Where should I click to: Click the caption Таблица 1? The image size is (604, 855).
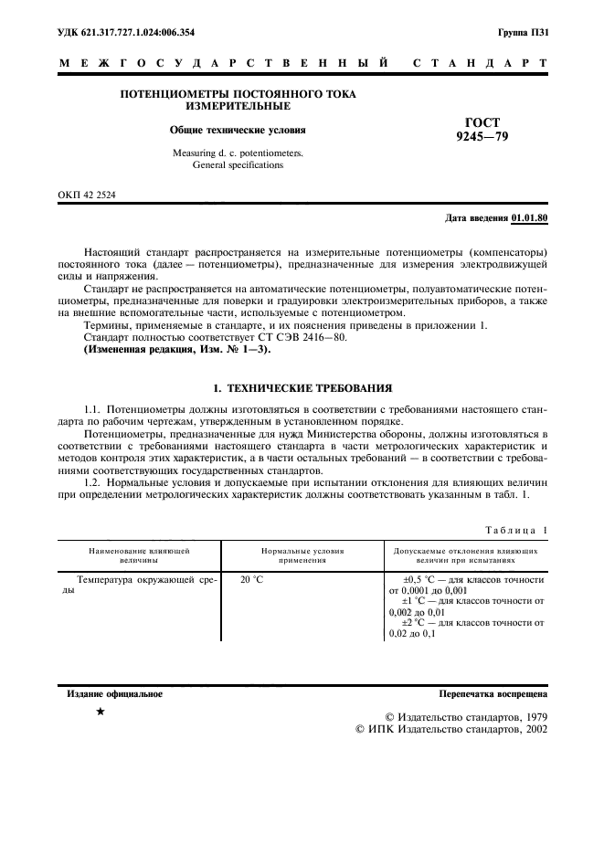[x=517, y=529]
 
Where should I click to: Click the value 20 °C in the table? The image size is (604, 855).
[x=251, y=579]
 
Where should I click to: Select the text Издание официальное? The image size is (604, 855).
[x=115, y=694]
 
